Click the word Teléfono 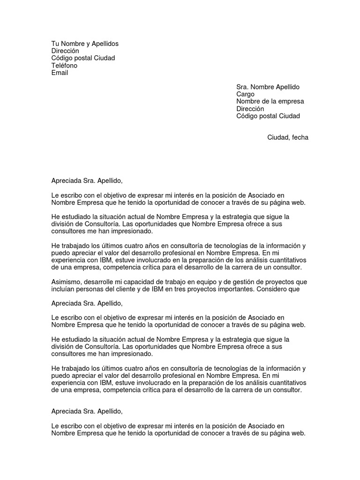pos(64,66)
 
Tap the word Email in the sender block pos(60,73)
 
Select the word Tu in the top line pos(56,44)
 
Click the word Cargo pos(245,94)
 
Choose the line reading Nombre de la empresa pos(270,101)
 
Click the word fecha pos(300,137)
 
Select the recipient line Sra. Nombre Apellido pos(268,87)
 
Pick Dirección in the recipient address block pos(250,109)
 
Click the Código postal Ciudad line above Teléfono pos(83,58)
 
